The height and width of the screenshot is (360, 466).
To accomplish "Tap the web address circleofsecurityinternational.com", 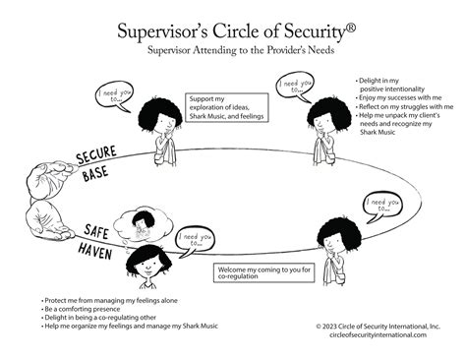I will point(379,334).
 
